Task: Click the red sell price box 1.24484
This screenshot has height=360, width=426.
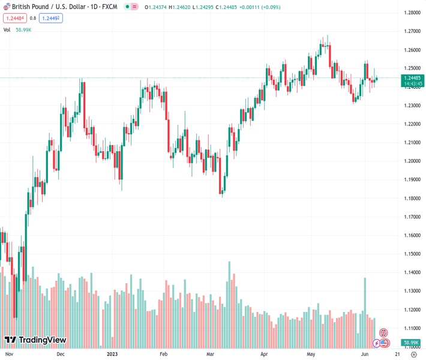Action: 15,18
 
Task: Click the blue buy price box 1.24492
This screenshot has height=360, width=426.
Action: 51,18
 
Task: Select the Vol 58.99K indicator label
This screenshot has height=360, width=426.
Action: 17,29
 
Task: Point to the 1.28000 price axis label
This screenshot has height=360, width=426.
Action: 412,13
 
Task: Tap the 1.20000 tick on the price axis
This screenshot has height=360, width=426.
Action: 412,161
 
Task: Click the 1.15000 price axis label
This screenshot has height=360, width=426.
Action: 412,254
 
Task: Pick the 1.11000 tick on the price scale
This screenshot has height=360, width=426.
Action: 412,328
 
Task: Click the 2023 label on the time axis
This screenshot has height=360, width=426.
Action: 113,355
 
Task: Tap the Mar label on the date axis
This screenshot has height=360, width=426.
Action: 211,355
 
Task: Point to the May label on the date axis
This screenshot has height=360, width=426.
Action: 311,355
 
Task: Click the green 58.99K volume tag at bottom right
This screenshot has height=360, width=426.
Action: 411,343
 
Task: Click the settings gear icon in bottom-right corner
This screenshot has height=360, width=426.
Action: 412,355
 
